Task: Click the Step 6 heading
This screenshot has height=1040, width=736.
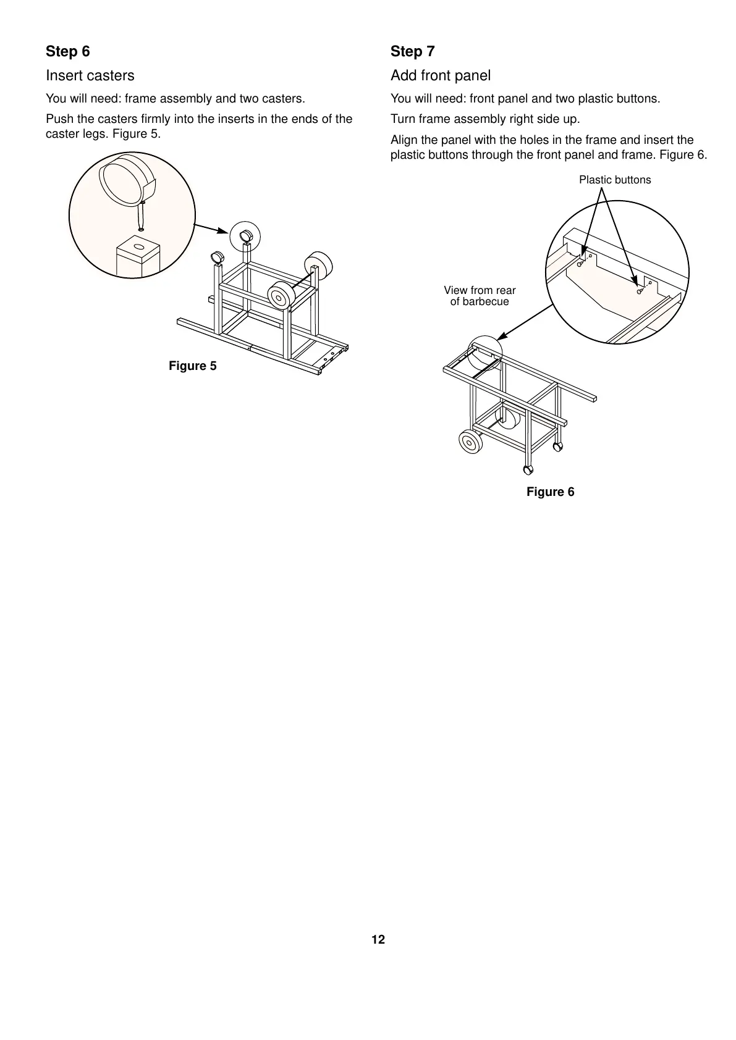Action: point(68,51)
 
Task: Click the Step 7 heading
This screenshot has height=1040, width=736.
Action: point(412,51)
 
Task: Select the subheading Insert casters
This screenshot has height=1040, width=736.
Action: point(90,75)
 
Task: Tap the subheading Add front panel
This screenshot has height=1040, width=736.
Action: point(440,75)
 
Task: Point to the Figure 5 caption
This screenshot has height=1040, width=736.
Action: point(193,366)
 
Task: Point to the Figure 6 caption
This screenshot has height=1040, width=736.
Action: point(550,492)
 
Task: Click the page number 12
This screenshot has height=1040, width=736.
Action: point(378,939)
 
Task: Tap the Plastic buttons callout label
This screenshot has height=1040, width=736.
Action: point(614,180)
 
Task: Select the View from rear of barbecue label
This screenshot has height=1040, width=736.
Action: point(480,296)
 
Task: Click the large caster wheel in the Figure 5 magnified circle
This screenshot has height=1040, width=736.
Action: point(126,179)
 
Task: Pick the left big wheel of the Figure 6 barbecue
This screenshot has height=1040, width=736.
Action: point(471,442)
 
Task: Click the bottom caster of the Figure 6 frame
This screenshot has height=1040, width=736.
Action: point(528,469)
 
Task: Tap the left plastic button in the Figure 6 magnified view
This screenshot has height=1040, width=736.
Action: point(580,264)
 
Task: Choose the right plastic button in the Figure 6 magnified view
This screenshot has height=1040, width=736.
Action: point(639,291)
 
